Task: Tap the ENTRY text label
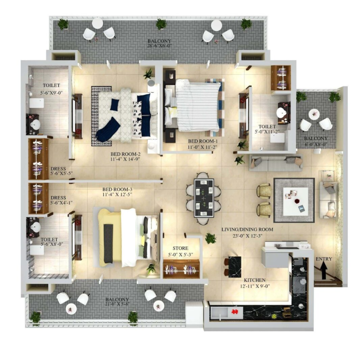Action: click(x=324, y=259)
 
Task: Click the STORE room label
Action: click(x=180, y=248)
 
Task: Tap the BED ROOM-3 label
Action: click(x=117, y=189)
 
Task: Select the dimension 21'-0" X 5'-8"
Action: click(x=117, y=304)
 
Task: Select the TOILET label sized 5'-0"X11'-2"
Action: click(x=266, y=127)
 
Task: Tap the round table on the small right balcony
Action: click(x=314, y=113)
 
